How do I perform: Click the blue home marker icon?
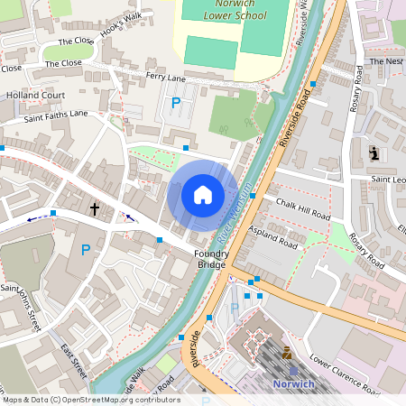[203, 194]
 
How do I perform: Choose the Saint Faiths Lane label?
[56, 114]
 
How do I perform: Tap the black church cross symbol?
[94, 209]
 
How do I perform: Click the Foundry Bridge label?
[211, 259]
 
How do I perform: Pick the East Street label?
[73, 361]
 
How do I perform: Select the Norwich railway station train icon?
[287, 353]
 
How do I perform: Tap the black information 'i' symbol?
[374, 153]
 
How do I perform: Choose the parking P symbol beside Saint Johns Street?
[86, 250]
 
